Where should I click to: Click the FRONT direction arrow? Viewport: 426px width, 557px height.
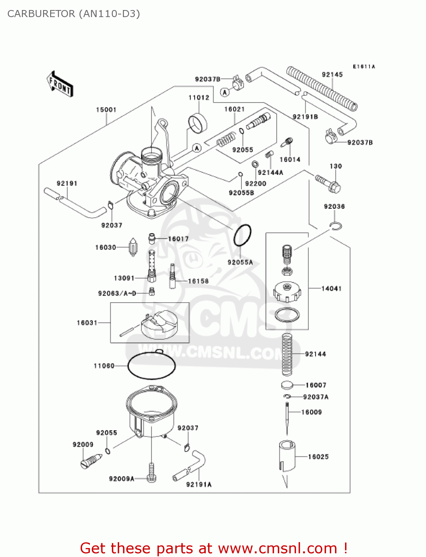(59, 84)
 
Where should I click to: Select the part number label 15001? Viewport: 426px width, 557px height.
(106, 110)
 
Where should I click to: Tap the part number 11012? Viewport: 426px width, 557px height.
(199, 98)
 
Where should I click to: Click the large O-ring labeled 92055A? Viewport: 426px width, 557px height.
(242, 235)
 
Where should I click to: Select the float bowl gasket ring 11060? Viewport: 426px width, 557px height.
(151, 366)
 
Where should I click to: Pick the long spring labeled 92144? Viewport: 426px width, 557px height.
(287, 354)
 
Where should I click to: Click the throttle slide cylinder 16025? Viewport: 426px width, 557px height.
(287, 456)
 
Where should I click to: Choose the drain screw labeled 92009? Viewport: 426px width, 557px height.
(91, 461)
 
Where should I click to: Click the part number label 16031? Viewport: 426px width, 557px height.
(87, 323)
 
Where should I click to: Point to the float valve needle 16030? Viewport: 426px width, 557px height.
(133, 247)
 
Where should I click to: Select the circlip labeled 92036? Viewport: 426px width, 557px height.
(336, 226)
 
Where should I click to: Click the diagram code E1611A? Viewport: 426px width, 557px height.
(364, 67)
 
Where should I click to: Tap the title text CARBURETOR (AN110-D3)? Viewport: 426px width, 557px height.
(74, 14)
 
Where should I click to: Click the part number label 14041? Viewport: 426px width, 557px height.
(331, 289)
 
